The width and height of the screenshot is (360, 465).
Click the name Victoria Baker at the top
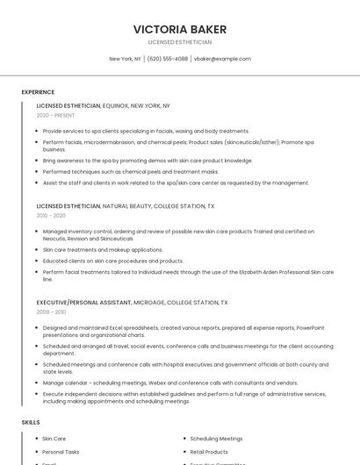click(x=179, y=28)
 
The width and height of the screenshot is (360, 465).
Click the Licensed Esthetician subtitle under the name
click(x=179, y=41)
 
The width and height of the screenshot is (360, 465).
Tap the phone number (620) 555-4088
click(x=168, y=59)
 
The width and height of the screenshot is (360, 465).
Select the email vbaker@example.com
click(x=222, y=59)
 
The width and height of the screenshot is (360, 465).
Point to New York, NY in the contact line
click(x=125, y=59)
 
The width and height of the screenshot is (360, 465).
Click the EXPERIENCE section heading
click(x=38, y=92)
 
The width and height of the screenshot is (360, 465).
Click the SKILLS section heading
click(x=31, y=422)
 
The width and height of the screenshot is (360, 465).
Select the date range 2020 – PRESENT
click(x=55, y=115)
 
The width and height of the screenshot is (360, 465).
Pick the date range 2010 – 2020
click(x=51, y=215)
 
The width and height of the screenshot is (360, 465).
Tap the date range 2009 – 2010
click(x=51, y=311)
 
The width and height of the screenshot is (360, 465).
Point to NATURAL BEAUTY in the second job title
click(x=126, y=205)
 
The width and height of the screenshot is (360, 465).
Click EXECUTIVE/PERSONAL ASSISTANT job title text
click(x=83, y=302)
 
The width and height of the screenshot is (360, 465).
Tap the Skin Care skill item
click(x=54, y=439)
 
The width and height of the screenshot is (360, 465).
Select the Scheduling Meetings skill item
click(x=216, y=439)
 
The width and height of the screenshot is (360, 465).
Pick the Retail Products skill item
click(x=209, y=452)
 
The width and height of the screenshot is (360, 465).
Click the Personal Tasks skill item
click(x=61, y=452)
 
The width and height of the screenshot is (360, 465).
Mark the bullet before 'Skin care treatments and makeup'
click(x=37, y=250)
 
